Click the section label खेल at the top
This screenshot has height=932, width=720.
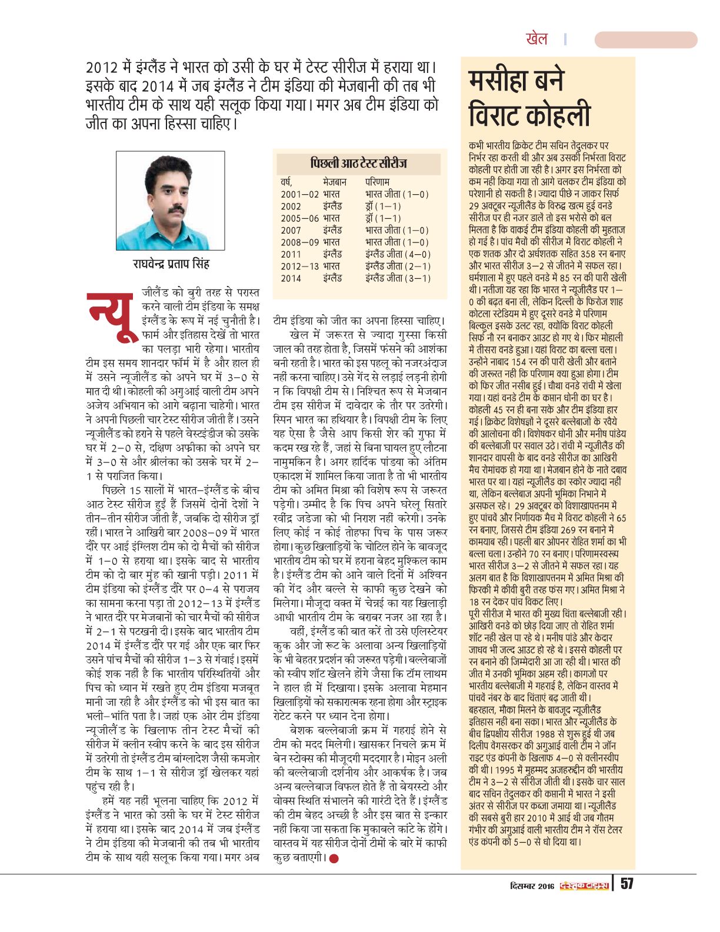[536, 39]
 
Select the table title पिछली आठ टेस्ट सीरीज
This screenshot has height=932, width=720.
[358, 164]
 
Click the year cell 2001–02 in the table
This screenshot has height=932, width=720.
[299, 194]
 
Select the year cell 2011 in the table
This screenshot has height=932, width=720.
[291, 254]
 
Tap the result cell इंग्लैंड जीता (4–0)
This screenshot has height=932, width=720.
[398, 254]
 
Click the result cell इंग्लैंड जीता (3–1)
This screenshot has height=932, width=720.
[398, 278]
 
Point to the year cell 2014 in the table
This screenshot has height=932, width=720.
[291, 278]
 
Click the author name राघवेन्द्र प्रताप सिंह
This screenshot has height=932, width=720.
[171, 264]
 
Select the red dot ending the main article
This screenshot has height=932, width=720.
[334, 858]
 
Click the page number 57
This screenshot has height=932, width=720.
[627, 884]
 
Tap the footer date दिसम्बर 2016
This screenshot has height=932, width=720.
[532, 886]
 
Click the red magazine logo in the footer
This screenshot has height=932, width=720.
[583, 886]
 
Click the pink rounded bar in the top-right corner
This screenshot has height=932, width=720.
[645, 40]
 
